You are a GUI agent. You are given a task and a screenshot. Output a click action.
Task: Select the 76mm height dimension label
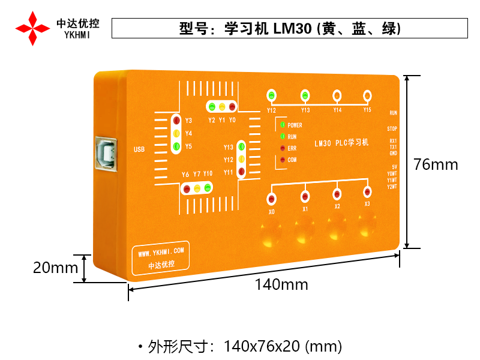pos(436,164)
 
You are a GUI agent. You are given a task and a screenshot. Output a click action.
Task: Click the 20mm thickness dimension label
pos(56,268)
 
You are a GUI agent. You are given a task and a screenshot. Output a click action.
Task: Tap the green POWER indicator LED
pos(282,125)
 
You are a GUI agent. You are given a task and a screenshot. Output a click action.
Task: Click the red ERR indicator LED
pos(282,148)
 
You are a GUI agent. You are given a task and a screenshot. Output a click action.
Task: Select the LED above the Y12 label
pos(272,95)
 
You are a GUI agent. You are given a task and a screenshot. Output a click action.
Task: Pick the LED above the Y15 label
pos(367,95)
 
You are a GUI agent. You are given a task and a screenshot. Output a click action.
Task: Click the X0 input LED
pos(272,199)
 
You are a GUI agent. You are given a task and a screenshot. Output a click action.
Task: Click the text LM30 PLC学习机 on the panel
pos(341,143)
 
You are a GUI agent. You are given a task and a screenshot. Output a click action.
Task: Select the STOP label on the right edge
pos(392,129)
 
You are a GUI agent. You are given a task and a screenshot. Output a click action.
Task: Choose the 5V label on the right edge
pos(394,167)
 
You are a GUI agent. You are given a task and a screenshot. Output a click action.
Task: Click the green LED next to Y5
pos(176,146)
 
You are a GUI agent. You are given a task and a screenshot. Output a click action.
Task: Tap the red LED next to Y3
pos(176,121)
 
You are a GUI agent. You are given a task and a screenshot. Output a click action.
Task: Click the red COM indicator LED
pos(282,160)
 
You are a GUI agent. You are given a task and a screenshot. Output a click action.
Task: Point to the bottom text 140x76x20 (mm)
pos(283,346)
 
